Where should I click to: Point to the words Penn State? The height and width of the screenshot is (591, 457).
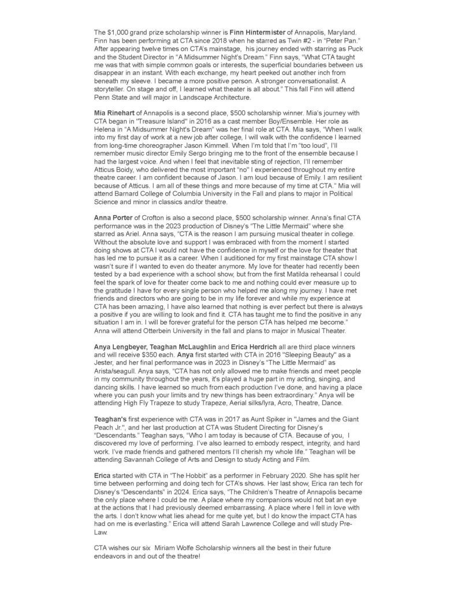(110, 98)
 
